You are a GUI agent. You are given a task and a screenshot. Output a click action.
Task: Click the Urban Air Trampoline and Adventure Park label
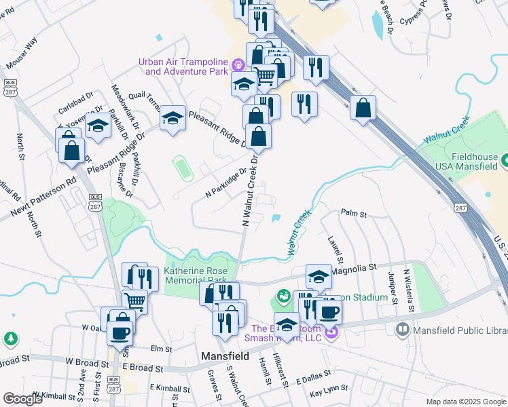[x=182, y=66]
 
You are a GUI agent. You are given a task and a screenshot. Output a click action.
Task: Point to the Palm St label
[x=354, y=214]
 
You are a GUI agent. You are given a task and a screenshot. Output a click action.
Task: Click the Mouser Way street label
[x=21, y=51]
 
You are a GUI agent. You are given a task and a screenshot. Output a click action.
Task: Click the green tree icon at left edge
[x=10, y=338]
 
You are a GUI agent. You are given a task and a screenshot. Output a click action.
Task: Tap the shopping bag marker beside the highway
[x=363, y=109]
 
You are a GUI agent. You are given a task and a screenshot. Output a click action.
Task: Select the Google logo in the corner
[x=23, y=399]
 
